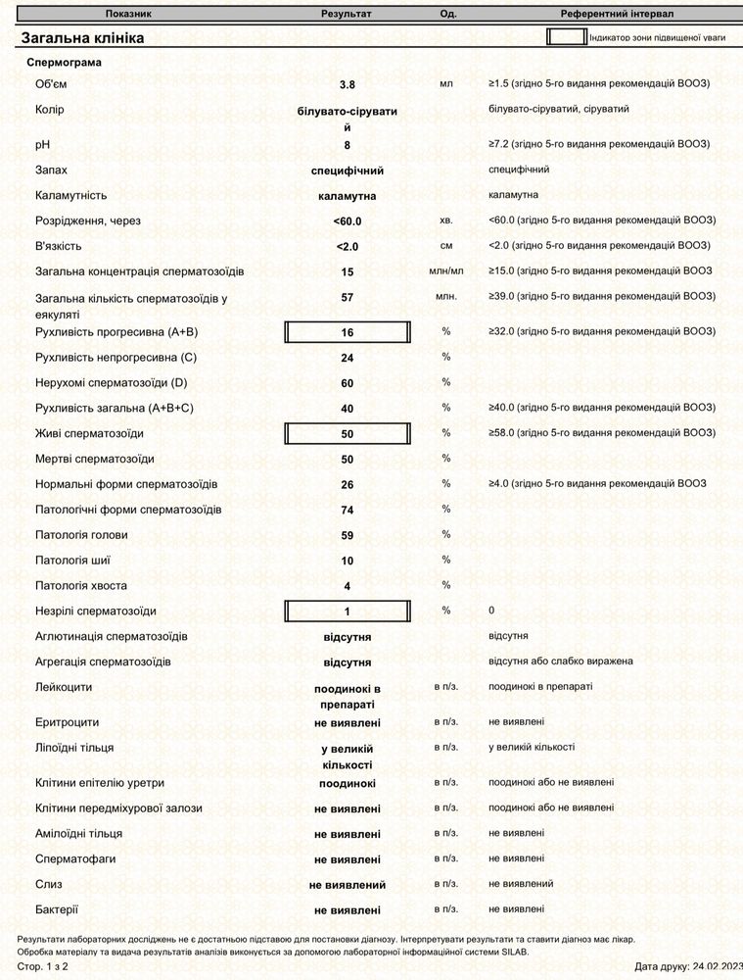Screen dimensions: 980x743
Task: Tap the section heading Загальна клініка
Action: [x=83, y=37]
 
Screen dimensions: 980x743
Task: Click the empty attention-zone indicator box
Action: [x=565, y=37]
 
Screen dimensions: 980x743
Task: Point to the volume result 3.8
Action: [x=348, y=85]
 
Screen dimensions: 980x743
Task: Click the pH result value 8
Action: [x=348, y=146]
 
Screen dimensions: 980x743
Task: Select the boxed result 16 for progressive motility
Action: [x=348, y=333]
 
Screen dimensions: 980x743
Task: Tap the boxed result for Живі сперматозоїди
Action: [x=348, y=433]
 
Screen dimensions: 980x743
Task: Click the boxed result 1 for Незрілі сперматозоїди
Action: [x=348, y=612]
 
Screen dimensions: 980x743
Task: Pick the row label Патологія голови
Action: [x=81, y=535]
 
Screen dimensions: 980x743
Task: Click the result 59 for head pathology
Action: [x=348, y=536]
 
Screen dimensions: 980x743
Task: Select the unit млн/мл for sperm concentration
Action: [x=446, y=270]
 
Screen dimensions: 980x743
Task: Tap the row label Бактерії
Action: [x=57, y=909]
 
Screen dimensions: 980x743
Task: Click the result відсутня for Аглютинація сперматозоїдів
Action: [x=348, y=638]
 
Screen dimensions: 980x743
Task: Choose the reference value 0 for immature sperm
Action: [x=491, y=611]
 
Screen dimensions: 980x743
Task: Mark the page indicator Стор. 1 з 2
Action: [x=43, y=966]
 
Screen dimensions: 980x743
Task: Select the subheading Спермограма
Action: [x=64, y=63]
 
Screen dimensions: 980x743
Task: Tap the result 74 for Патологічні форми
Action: [x=348, y=511]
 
